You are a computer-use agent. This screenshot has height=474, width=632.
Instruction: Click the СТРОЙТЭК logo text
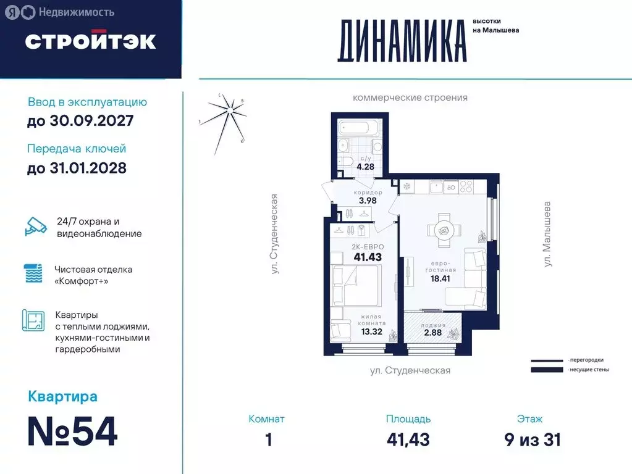(90, 41)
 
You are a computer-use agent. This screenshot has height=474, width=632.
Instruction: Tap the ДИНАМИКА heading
(402, 41)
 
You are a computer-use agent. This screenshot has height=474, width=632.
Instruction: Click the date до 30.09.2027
(80, 121)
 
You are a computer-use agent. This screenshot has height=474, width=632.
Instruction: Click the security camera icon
(35, 227)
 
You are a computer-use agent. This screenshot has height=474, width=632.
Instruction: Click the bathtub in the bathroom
(359, 130)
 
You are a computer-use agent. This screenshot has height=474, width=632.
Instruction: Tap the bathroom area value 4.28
(367, 165)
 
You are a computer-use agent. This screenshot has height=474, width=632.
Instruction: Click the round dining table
(444, 230)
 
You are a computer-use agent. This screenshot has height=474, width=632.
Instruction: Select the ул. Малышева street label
(547, 233)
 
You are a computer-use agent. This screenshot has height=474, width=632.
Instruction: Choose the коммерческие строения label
(410, 98)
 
